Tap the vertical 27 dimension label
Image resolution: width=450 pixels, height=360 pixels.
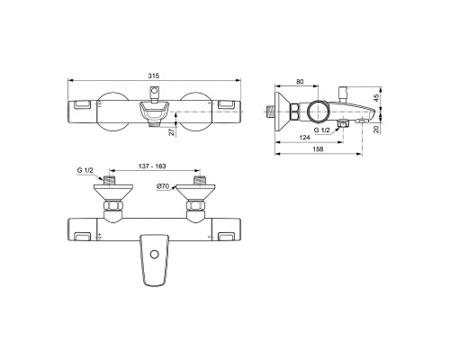(171, 130)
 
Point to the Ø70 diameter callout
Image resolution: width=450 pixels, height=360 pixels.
(163, 187)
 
